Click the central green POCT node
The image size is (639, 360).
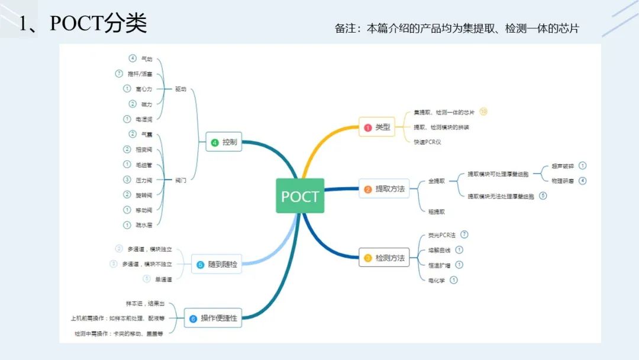300,196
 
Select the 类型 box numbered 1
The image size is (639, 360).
377,127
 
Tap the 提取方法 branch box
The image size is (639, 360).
385,189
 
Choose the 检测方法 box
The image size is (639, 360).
385,258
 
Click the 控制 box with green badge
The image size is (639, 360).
224,142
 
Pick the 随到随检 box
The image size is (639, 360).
217,264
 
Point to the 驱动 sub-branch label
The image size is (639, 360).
180,89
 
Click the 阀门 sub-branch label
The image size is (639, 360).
180,180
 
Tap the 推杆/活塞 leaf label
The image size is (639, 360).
140,74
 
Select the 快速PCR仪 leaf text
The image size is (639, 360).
428,142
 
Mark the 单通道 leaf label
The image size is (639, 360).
164,279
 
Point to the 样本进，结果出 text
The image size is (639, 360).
146,303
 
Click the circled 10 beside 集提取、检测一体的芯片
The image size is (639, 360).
483,111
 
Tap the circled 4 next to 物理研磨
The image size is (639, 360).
583,181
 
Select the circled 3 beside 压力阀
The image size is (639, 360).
127,179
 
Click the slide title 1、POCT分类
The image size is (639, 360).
83,24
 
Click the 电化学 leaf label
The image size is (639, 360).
437,280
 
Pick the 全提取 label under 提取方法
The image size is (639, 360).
437,181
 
